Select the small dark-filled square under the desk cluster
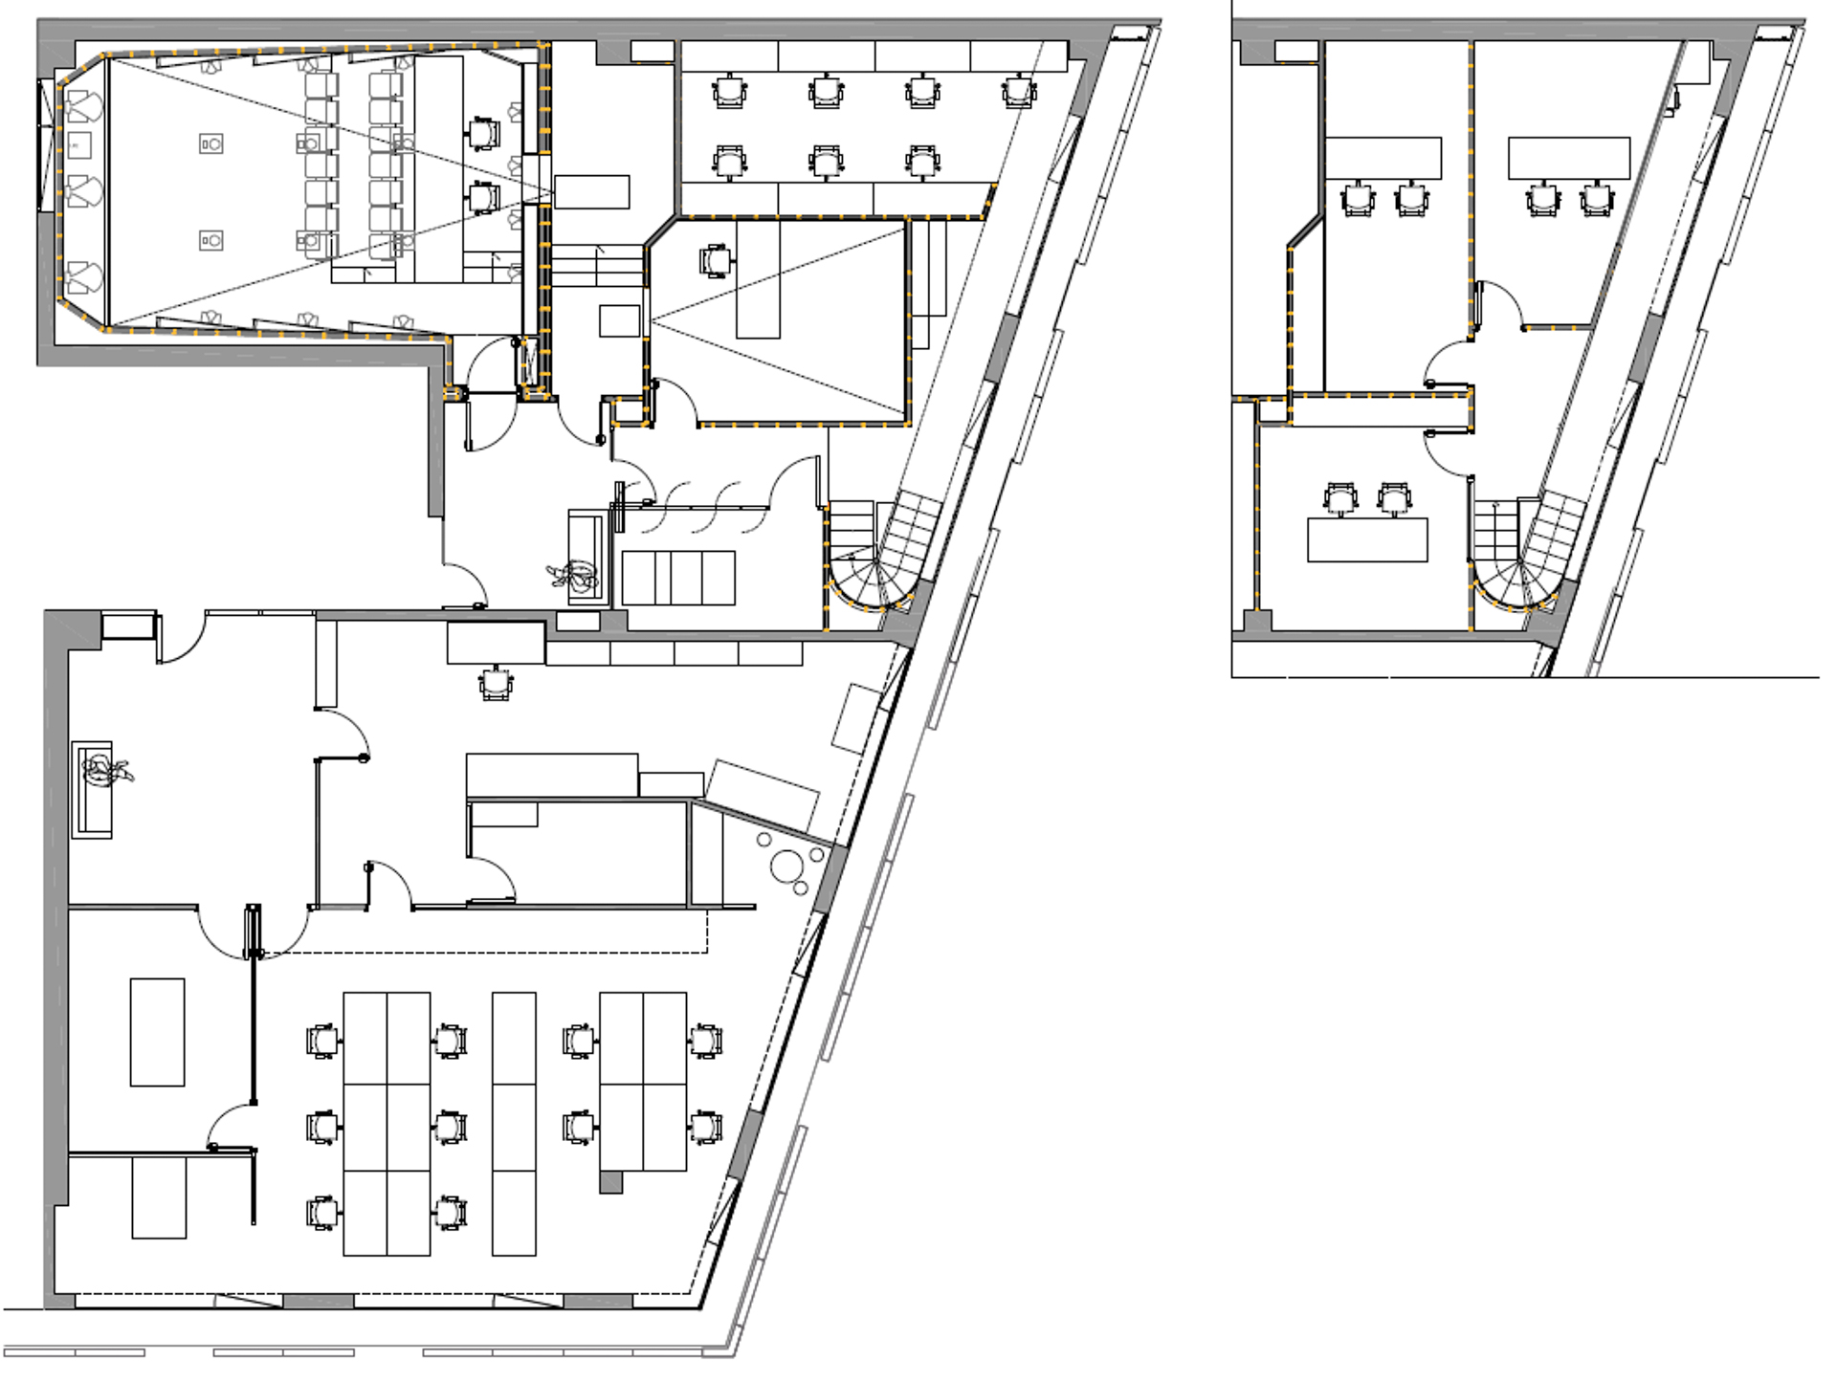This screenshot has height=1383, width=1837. coord(610,1183)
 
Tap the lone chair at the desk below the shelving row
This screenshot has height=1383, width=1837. coord(496,684)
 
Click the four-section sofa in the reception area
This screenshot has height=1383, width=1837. coord(678,578)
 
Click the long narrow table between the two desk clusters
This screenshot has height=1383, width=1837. coord(514,1124)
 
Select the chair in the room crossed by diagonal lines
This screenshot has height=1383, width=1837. coord(716,259)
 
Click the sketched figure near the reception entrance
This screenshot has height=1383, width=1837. coord(574,576)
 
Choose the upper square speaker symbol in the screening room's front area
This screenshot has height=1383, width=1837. coord(211,143)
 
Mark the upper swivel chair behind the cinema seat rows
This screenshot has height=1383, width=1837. coord(484,132)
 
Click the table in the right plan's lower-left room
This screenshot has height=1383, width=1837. coord(1367,539)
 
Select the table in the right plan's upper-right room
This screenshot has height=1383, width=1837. coord(1569,158)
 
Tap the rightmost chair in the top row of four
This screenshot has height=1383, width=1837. coord(1019,93)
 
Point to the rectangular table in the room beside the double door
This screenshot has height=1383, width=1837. coord(157,1031)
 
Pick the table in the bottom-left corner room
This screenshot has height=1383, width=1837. coord(159,1197)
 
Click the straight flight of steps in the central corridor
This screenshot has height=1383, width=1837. coord(597,265)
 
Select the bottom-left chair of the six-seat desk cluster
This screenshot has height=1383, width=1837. coord(322,1214)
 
